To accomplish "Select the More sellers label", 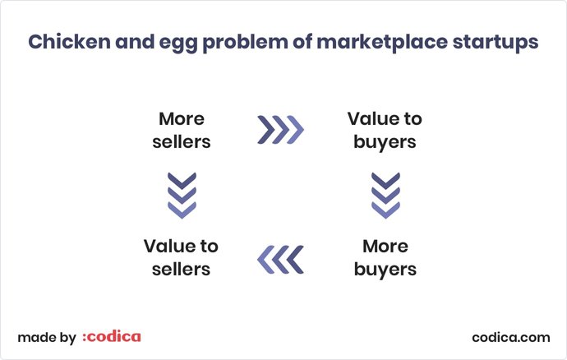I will tap(181, 130).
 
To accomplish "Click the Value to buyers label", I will tap(385, 130).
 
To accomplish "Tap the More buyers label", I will tap(385, 257).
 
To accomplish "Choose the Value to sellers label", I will tap(181, 257).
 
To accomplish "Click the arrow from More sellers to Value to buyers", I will tap(280, 130).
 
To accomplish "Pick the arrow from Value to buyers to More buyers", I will tap(385, 194).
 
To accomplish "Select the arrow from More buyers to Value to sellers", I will tap(280, 259).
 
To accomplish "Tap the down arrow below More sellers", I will tap(181, 194).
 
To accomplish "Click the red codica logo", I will tap(112, 336).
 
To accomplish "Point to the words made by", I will tap(47, 337).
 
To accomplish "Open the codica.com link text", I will tap(511, 337).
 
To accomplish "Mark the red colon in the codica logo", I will tap(85, 338).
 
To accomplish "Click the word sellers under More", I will tap(181, 141).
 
